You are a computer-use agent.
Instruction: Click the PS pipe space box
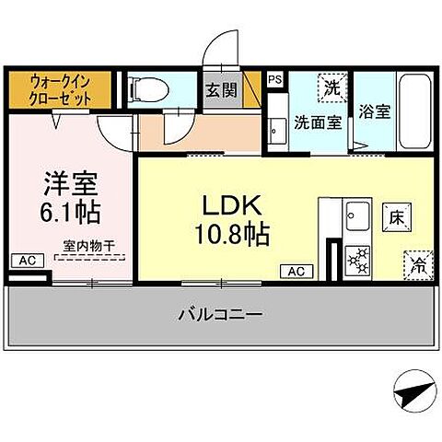tap(275, 79)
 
